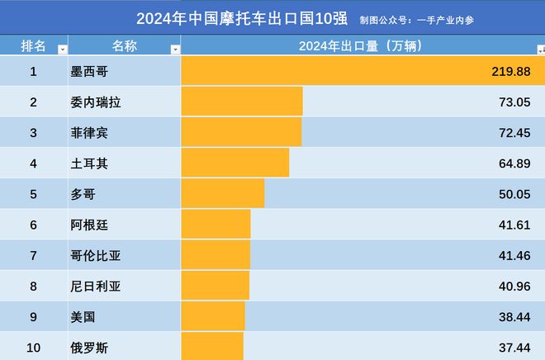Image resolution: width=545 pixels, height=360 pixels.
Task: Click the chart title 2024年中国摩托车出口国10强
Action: (242, 18)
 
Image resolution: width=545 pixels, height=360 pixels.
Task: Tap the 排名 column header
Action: (33, 46)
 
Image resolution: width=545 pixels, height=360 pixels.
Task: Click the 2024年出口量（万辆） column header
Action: (360, 46)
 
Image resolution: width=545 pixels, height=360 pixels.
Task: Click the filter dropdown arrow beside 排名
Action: (62, 50)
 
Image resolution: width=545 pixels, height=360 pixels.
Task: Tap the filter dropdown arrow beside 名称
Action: (174, 50)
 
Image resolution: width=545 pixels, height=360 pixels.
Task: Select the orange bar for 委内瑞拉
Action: (241, 102)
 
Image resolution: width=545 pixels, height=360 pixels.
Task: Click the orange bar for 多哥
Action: (222, 194)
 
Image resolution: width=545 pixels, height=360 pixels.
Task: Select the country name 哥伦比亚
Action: (96, 256)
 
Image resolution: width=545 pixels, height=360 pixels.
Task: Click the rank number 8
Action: (33, 287)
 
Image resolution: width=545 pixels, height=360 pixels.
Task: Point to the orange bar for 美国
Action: (212, 317)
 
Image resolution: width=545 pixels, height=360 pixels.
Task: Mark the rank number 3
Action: (33, 132)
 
